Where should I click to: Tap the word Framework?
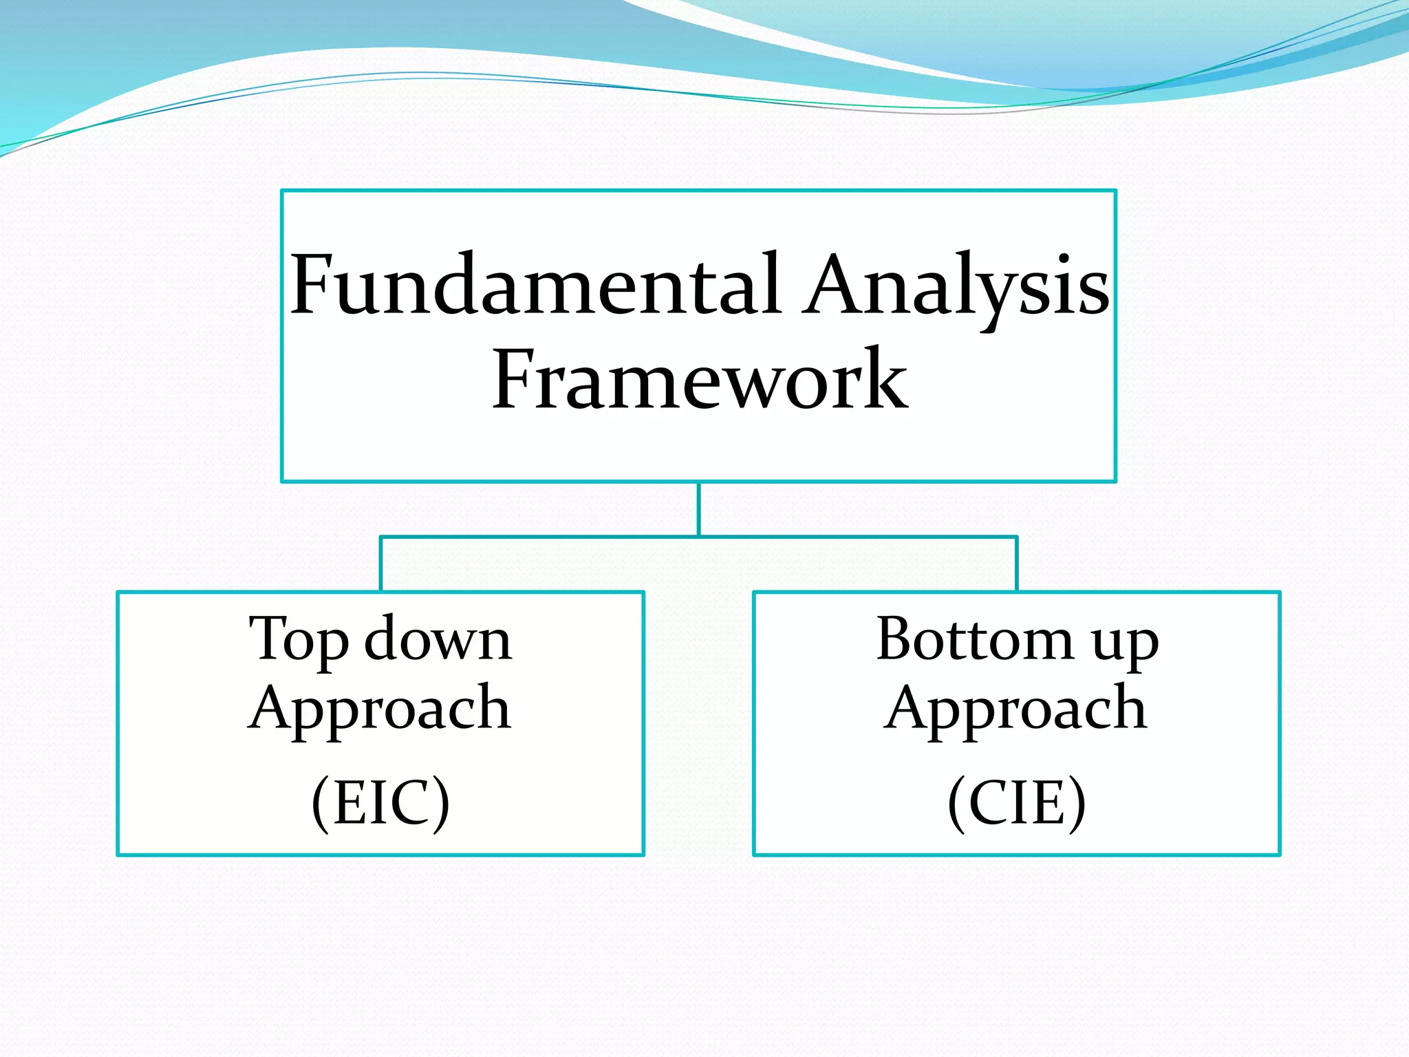pos(699,380)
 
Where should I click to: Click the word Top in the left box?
pos(298,640)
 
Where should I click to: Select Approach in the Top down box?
pos(380,709)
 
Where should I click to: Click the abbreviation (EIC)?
pos(380,802)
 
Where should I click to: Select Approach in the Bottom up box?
pos(1016,709)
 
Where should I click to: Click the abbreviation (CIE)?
pos(1016,802)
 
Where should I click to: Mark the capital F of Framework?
pos(514,380)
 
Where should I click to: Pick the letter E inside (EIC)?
pos(349,802)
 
